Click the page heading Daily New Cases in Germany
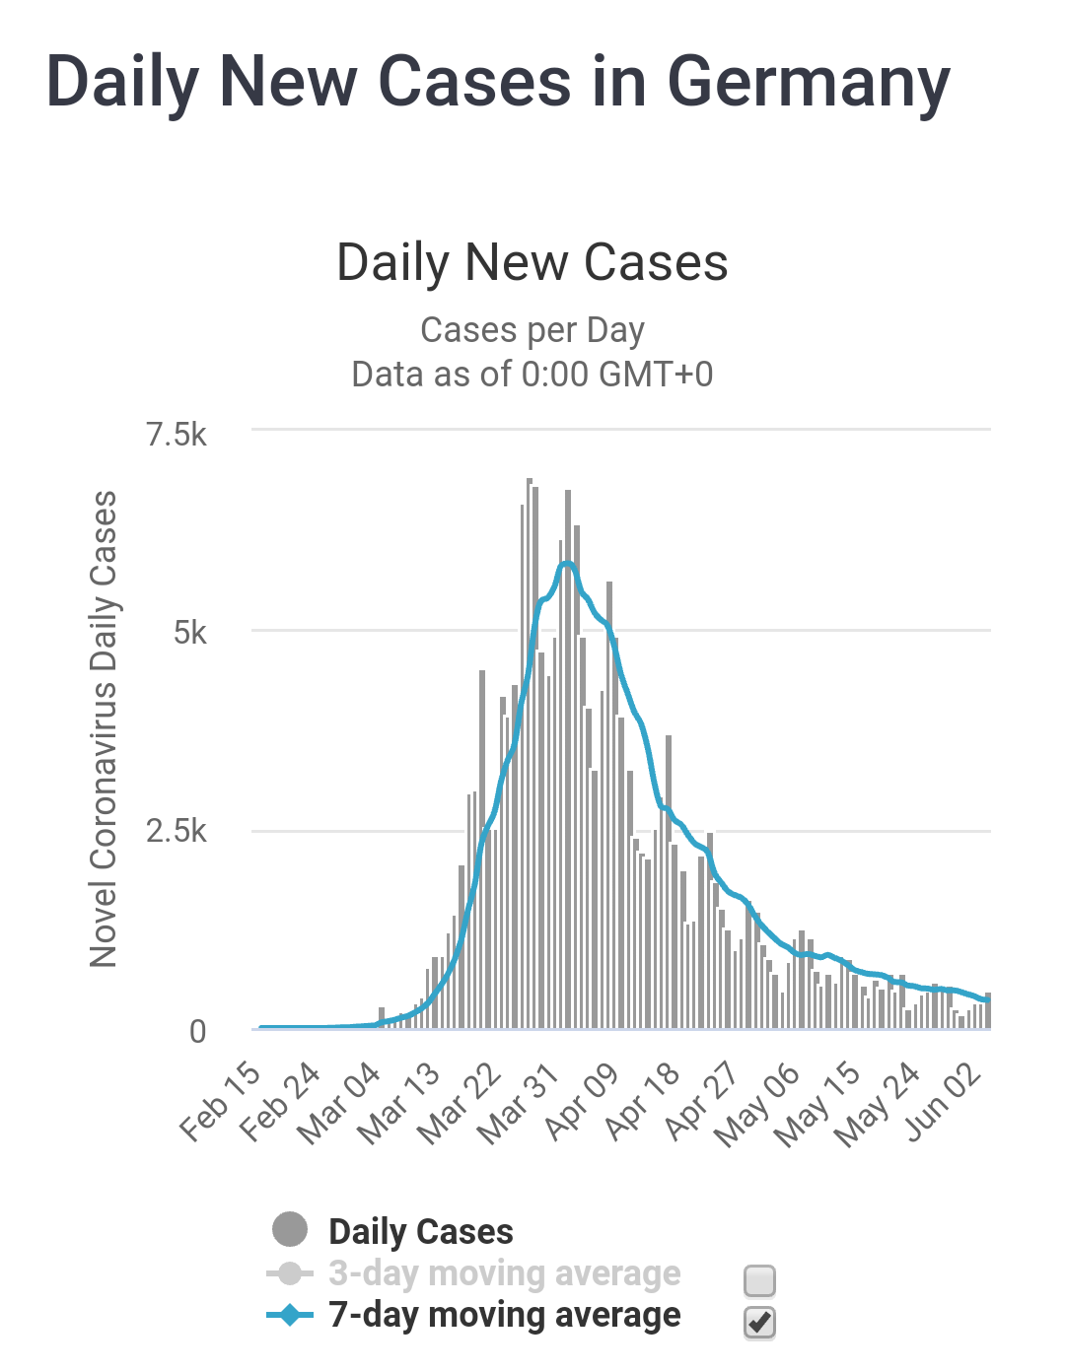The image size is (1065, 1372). pos(498,81)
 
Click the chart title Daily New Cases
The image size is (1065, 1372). pos(532,263)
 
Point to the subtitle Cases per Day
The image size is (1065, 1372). pos(532,330)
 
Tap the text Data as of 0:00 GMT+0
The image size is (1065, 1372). pos(532,375)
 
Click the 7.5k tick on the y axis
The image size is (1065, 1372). pos(177,434)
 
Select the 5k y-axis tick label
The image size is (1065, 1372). pos(189,633)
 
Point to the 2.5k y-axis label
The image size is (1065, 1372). pos(177,831)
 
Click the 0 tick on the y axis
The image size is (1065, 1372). pos(198,1031)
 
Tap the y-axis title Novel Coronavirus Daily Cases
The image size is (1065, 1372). pos(104,729)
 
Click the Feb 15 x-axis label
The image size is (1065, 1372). pos(220,1102)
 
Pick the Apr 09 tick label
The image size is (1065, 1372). pos(581,1102)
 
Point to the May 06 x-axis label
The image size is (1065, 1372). pos(757,1106)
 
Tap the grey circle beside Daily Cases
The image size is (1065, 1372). pos(290,1230)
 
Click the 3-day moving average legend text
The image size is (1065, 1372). pos(504,1273)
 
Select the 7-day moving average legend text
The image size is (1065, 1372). pos(504,1315)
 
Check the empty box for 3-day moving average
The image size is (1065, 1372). pos(759,1280)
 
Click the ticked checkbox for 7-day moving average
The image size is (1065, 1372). pos(759,1323)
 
